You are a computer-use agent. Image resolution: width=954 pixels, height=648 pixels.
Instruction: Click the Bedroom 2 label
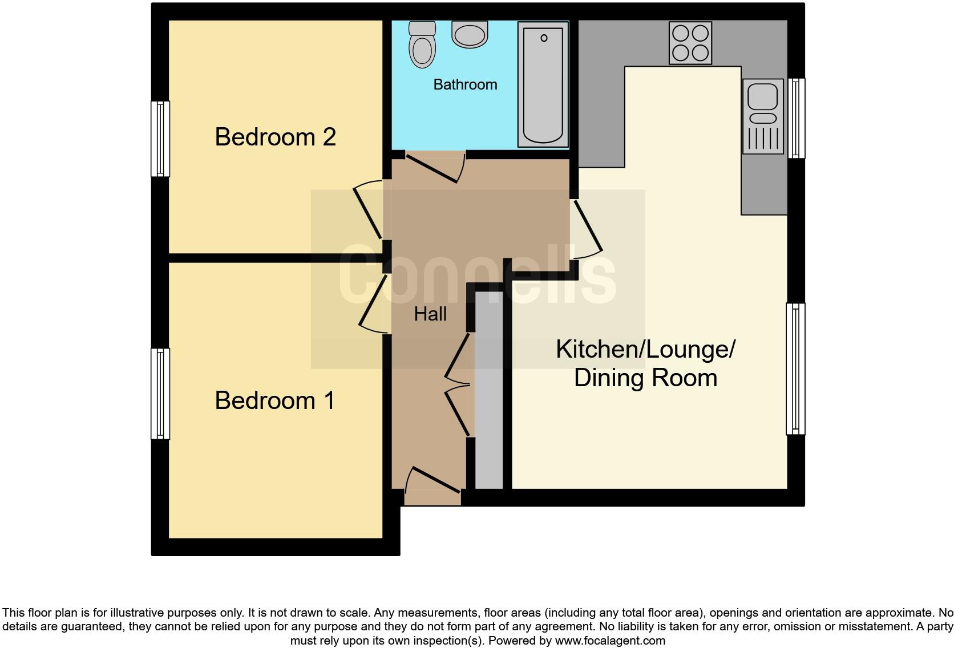tap(275, 137)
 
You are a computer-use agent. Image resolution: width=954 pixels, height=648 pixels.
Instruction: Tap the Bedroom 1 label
tap(274, 400)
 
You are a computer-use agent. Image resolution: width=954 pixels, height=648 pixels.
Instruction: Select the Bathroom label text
tap(465, 84)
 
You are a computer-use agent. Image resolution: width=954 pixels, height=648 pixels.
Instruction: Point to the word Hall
tap(430, 314)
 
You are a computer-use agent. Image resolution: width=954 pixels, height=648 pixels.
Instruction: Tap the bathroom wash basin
tap(470, 34)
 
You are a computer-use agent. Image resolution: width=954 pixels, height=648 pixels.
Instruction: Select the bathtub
tap(543, 84)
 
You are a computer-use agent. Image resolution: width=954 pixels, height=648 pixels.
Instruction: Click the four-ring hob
tap(690, 43)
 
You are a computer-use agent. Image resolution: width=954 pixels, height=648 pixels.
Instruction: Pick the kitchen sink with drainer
tap(762, 117)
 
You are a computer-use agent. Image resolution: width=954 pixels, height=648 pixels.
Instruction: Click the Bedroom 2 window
tap(160, 139)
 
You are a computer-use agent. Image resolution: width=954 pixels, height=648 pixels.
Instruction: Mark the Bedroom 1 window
tap(160, 394)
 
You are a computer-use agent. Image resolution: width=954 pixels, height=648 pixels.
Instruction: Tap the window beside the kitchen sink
tap(796, 118)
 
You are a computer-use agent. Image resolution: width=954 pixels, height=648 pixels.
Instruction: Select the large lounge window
tap(795, 369)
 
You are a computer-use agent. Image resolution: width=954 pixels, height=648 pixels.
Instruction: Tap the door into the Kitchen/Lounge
tap(588, 227)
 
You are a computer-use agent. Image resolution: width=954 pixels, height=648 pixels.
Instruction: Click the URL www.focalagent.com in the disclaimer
tap(610, 641)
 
